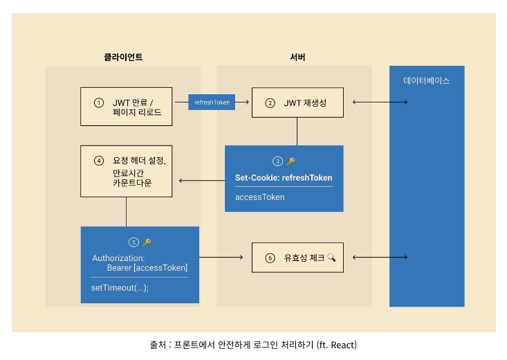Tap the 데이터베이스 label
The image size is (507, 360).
[x=427, y=80]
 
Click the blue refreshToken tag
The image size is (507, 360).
[x=212, y=102]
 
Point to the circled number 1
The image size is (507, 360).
[x=99, y=102]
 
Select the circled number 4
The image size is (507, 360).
[x=99, y=161]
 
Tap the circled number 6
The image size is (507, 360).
[x=270, y=258]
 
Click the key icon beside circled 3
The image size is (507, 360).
[x=291, y=161]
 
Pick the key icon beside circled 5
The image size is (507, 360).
[x=146, y=242]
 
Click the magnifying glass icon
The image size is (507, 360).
[x=331, y=258]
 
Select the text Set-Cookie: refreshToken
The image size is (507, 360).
[x=284, y=178]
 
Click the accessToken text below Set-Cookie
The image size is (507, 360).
[x=259, y=197]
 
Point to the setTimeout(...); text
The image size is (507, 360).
[x=120, y=288]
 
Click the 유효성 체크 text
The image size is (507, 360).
[x=304, y=258]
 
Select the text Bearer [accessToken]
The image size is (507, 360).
[x=147, y=267]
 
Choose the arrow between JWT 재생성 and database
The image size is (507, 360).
[x=380, y=102]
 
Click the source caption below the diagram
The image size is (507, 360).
[x=253, y=344]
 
